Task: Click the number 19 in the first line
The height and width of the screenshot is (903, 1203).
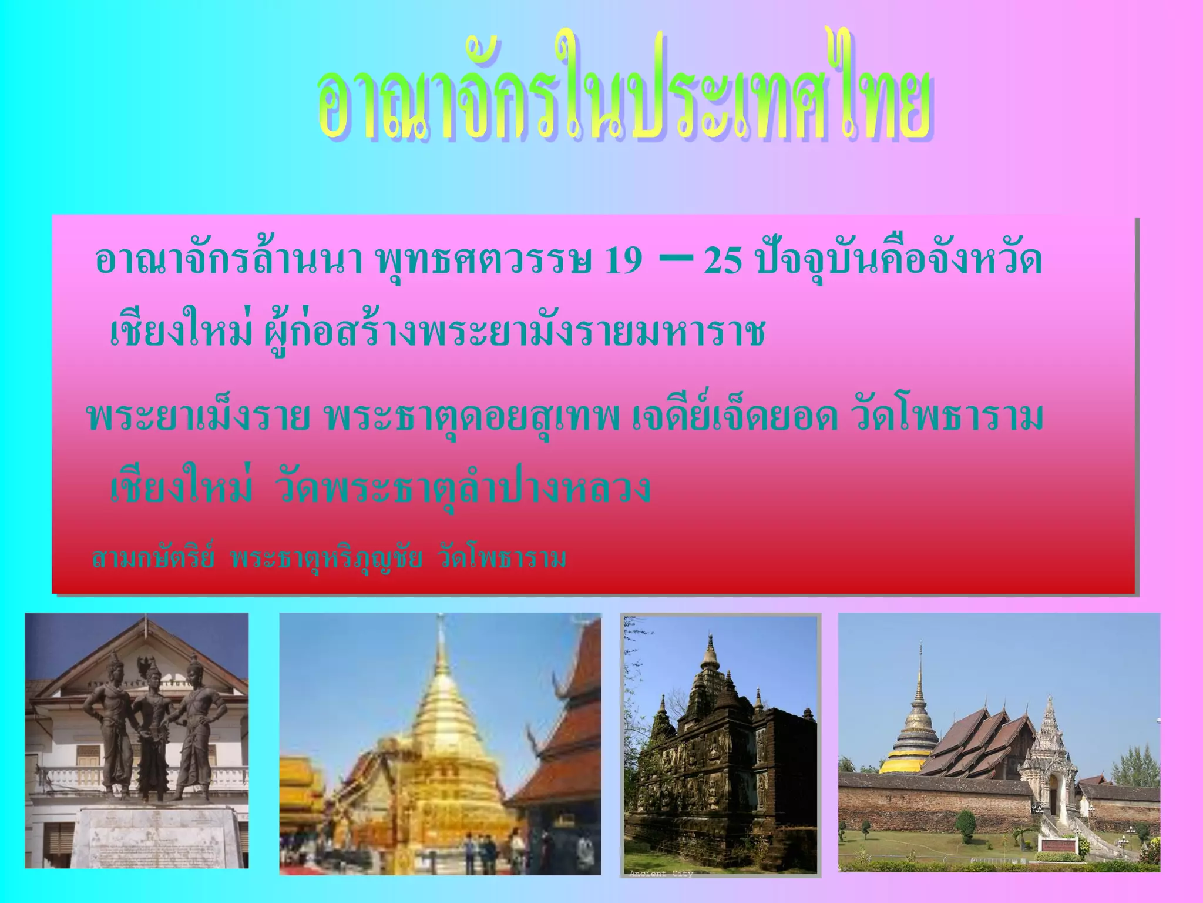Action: (623, 260)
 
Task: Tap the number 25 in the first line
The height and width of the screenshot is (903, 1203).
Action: (723, 260)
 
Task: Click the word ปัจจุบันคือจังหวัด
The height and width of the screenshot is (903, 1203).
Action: (899, 260)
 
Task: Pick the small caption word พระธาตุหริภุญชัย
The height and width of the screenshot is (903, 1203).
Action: (327, 558)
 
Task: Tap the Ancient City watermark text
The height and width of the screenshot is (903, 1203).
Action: (661, 874)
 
